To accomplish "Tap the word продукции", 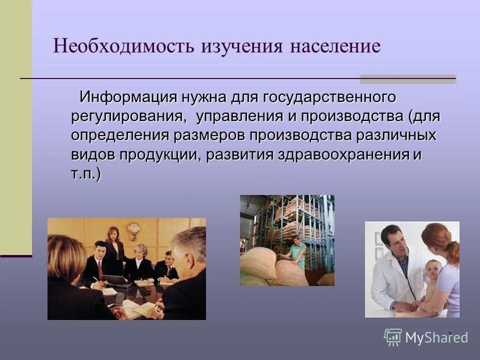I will click(x=160, y=154).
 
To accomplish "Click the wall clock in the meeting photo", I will click(x=133, y=229).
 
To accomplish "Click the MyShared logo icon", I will click(x=393, y=337).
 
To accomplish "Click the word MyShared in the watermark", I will click(x=436, y=337).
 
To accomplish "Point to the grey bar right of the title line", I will click(x=408, y=78).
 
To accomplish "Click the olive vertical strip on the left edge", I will click(x=15, y=125).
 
